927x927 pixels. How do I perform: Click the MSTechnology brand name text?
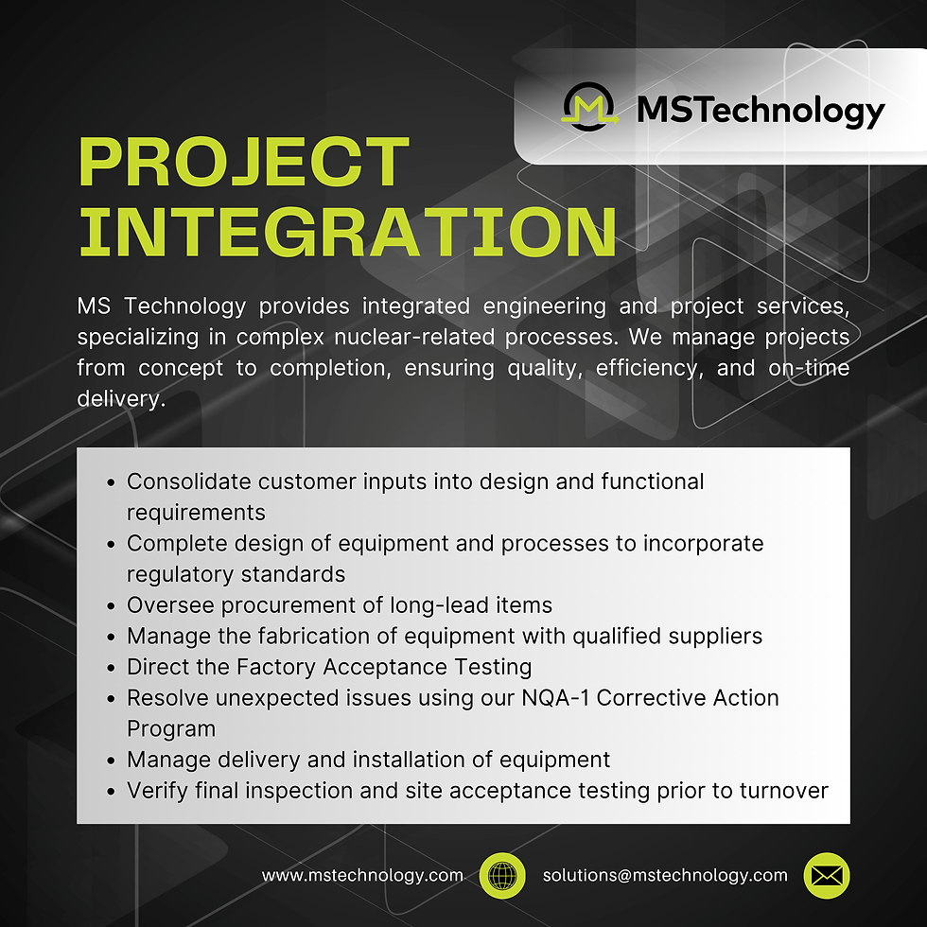[761, 110]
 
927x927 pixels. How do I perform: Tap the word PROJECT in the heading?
[243, 163]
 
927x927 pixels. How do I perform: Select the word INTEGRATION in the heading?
[347, 230]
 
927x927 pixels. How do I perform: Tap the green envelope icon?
[826, 876]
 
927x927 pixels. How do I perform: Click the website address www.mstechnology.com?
[362, 876]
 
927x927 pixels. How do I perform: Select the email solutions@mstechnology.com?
[665, 876]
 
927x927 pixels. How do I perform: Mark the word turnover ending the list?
[785, 791]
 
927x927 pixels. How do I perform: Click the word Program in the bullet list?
[171, 729]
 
